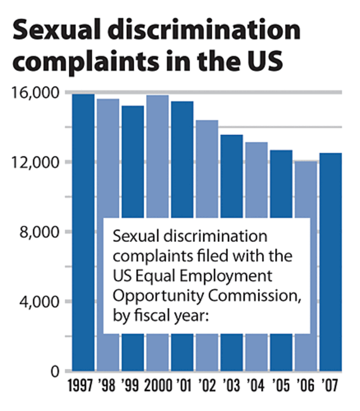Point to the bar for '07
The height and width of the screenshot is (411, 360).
pyautogui.click(x=330, y=262)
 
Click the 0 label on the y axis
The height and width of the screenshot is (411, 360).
pyautogui.click(x=57, y=371)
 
